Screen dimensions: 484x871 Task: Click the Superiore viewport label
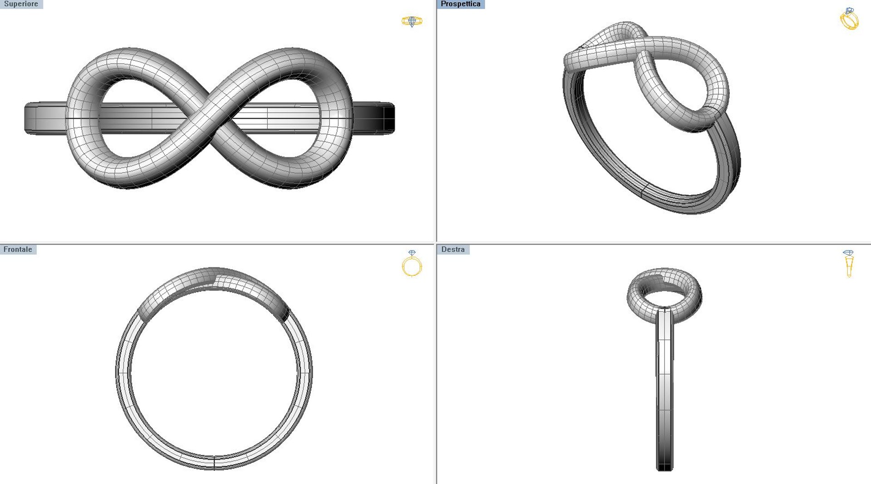[x=21, y=4]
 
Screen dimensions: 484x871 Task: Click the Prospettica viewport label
[x=460, y=4]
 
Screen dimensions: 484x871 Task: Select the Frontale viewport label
[x=18, y=249]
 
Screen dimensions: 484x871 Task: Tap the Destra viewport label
[x=453, y=249]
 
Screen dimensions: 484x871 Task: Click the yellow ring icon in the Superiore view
[x=412, y=21]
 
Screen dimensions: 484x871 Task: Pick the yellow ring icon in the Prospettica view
[x=849, y=19]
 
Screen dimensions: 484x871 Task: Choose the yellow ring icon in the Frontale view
[x=412, y=264]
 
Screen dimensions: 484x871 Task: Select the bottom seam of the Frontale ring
[x=214, y=462]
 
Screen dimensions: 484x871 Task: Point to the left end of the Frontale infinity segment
[x=144, y=314]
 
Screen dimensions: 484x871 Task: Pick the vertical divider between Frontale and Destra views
[x=436, y=363]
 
